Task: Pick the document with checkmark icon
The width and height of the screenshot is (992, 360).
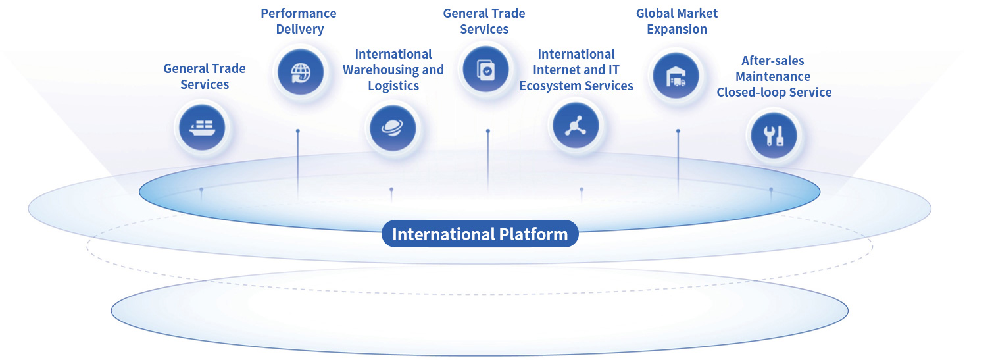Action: coord(486,68)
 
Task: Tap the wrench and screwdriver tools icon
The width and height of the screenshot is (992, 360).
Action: coord(774,135)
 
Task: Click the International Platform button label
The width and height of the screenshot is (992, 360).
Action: coord(480,234)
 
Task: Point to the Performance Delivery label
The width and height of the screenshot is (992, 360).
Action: coord(299,21)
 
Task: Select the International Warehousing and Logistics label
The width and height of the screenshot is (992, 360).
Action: coord(393,70)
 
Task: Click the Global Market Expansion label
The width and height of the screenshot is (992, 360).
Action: coord(677,21)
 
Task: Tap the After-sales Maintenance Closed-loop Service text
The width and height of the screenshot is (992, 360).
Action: coord(774,76)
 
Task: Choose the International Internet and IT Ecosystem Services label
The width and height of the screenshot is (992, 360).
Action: coord(576,70)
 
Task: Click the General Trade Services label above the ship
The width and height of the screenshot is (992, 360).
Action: coord(205,76)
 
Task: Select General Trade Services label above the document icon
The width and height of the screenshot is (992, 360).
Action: coord(484,21)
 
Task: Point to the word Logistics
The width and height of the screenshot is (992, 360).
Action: coord(393,86)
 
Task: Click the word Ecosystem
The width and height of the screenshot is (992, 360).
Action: coord(551,86)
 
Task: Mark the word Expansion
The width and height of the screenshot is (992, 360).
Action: coord(677,29)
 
